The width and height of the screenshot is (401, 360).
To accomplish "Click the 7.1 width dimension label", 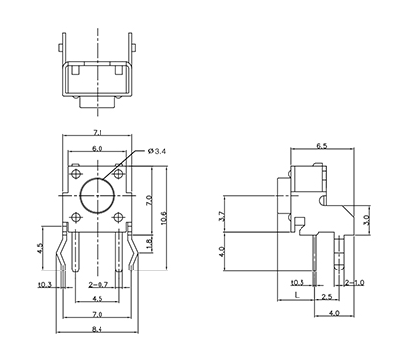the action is coord(97,132).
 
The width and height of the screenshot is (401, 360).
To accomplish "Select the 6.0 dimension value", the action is coord(97,149).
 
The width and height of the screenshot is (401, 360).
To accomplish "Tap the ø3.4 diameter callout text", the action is coord(157,151).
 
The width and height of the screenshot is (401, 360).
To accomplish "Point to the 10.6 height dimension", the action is coord(167,217).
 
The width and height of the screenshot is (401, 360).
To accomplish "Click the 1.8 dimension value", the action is coord(149,243).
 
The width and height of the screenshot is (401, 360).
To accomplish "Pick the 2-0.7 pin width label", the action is coord(100,285).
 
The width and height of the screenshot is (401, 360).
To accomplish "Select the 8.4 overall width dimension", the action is coord(97,329).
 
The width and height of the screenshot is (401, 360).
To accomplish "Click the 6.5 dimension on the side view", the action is coord(321,146).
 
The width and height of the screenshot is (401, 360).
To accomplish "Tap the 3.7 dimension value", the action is coord(223,216).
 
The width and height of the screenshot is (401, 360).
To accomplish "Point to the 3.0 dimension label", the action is coord(366,220).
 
